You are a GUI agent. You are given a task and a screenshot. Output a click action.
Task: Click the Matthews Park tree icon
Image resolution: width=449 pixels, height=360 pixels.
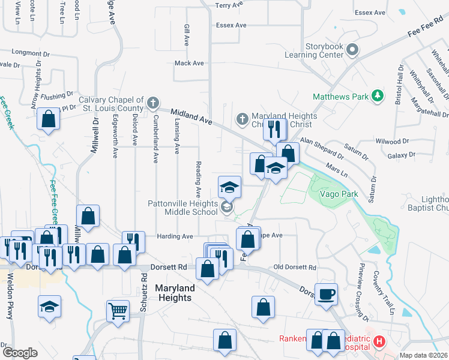[378, 96]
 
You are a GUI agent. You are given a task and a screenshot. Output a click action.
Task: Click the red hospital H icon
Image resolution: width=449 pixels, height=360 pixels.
[379, 342]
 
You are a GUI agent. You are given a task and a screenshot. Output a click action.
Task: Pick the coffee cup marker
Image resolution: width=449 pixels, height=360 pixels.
[327, 295]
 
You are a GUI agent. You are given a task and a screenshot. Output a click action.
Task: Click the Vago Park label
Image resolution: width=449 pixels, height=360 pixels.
[339, 194]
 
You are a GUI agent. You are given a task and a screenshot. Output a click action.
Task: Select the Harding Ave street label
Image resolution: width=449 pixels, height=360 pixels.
[175, 236]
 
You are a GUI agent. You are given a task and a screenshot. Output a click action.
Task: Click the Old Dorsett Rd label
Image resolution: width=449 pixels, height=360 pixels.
[294, 267]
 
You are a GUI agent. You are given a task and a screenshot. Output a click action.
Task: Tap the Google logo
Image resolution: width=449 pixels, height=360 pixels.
[20, 352]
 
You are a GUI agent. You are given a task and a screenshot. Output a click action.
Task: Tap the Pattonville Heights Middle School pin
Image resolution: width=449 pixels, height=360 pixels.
[227, 208]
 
